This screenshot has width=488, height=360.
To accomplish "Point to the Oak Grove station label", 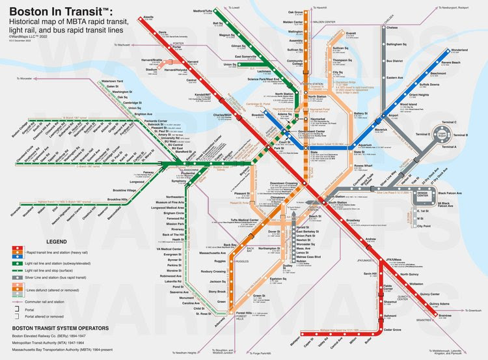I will (x=295, y=12).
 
